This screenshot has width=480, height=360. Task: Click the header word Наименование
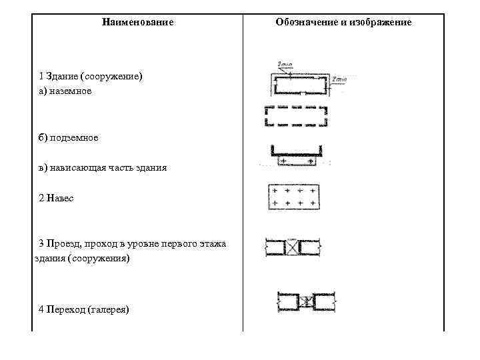(x=138, y=23)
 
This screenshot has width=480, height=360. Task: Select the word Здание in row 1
(x=63, y=77)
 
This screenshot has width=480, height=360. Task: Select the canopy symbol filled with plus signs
(x=295, y=197)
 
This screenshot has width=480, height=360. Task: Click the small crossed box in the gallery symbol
(x=305, y=302)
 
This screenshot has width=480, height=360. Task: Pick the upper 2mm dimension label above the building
(x=286, y=65)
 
